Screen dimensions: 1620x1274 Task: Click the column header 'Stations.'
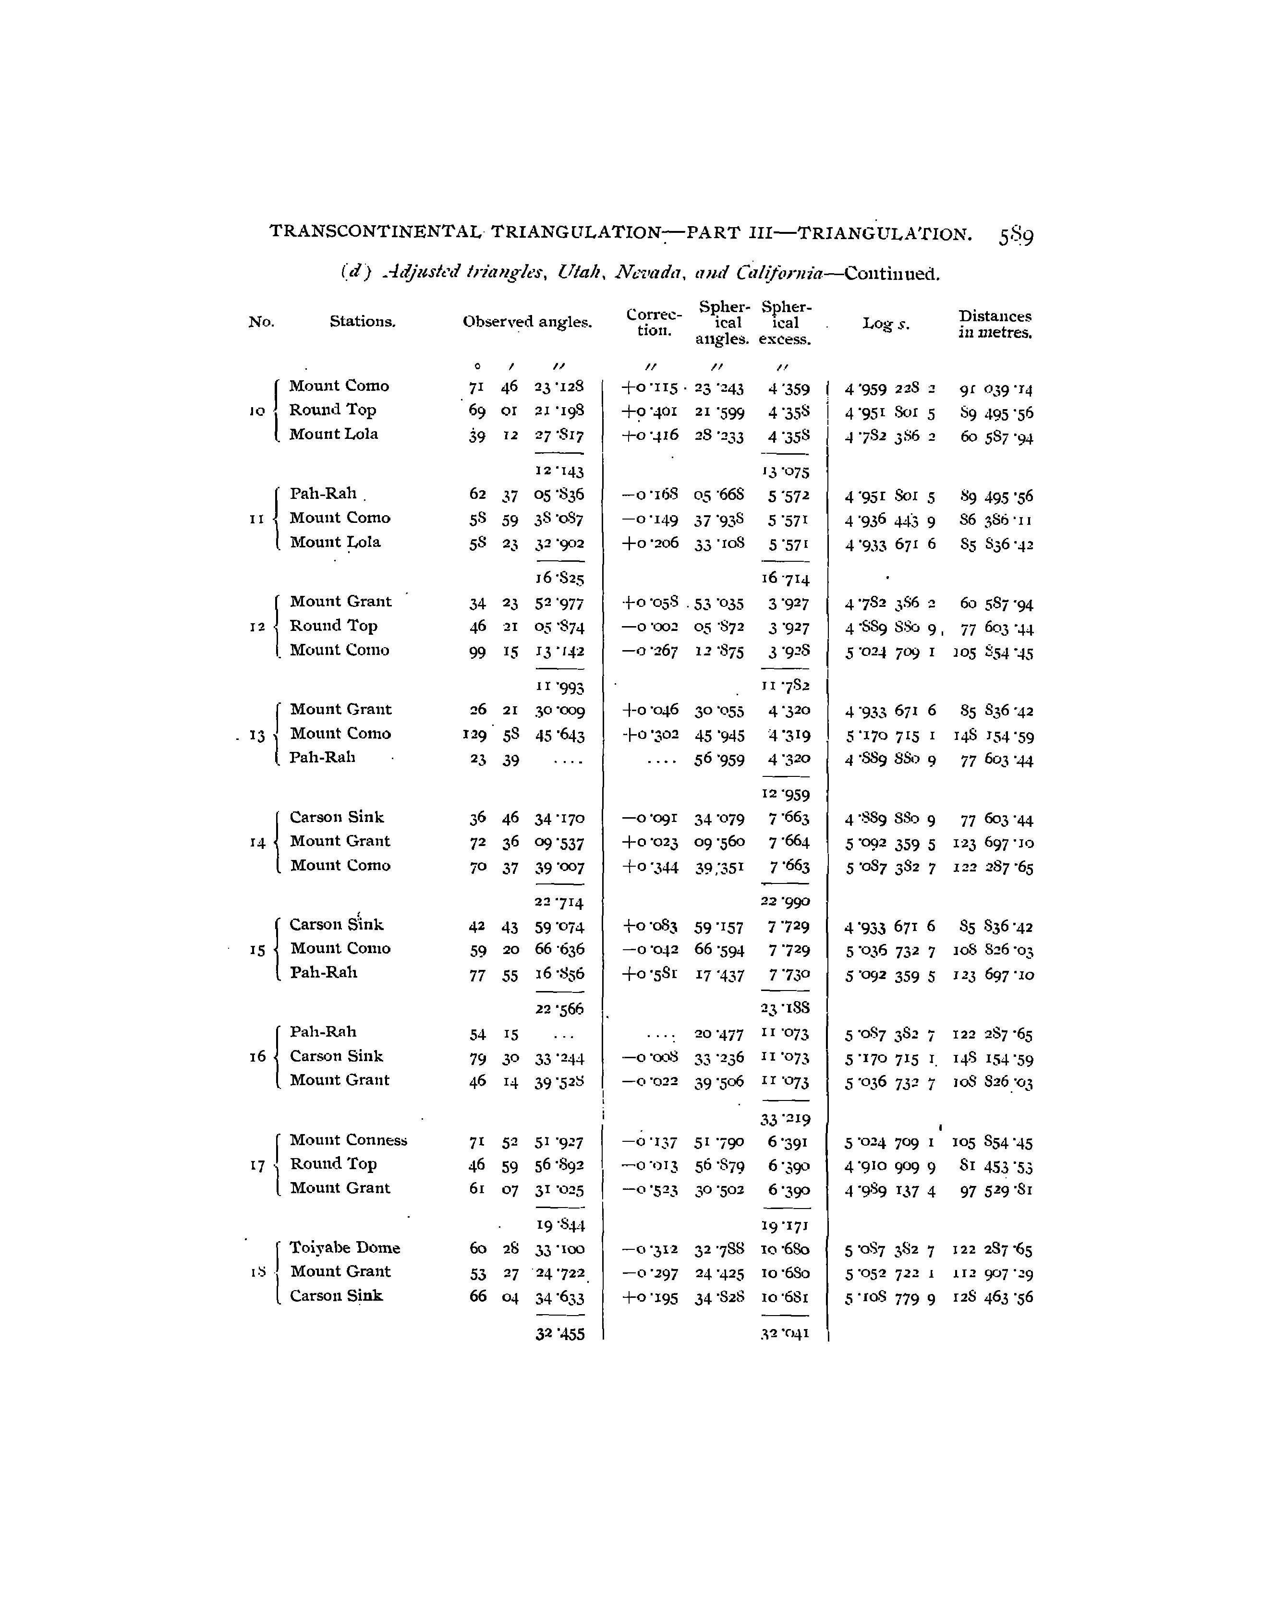pos(363,322)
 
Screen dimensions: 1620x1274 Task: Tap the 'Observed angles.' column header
pos(527,322)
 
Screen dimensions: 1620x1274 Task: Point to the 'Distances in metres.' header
pos(995,325)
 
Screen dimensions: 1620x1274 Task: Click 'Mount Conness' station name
pos(348,1140)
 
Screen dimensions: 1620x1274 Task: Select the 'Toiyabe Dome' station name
pos(345,1247)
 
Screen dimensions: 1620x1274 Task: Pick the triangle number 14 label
pos(257,843)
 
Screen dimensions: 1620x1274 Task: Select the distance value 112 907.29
pos(994,1273)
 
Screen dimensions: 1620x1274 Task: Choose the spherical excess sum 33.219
pos(785,1119)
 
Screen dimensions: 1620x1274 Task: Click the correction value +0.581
pos(650,974)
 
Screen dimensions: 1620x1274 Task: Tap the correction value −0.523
pos(650,1190)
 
